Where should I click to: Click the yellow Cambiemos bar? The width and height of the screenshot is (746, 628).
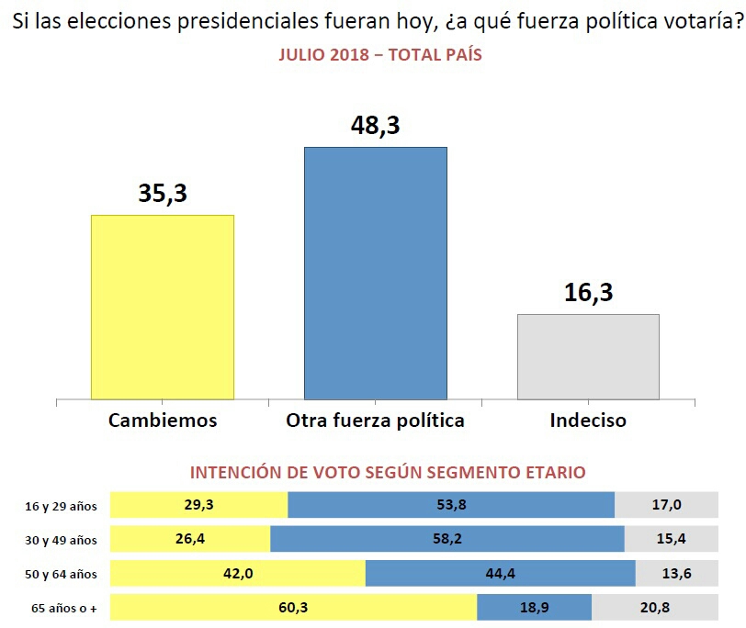[x=163, y=307]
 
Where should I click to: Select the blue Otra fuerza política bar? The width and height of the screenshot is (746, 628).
[x=375, y=273]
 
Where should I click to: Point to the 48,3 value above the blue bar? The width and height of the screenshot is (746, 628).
[x=375, y=125]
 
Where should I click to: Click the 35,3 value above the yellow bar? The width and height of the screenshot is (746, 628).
[x=163, y=194]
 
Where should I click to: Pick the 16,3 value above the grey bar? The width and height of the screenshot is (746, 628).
[x=588, y=293]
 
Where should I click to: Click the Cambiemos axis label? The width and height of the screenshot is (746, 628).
[x=163, y=421]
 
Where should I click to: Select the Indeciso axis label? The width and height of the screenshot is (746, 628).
[x=588, y=421]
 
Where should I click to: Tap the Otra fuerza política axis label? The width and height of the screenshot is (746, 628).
[x=375, y=421]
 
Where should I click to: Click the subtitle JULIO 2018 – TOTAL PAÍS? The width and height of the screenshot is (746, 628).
[x=379, y=55]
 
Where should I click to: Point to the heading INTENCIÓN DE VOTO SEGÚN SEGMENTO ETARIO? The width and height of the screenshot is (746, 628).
[x=387, y=473]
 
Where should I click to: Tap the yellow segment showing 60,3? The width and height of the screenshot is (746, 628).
[x=293, y=608]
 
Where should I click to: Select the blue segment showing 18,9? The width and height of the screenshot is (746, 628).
[x=534, y=608]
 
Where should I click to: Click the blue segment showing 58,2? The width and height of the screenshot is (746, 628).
[x=447, y=539]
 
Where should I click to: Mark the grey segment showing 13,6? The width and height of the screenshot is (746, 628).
[x=676, y=574]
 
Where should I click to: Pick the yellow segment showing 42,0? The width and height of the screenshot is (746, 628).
[x=237, y=574]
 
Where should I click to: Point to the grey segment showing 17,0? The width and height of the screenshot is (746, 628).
[x=666, y=505]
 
